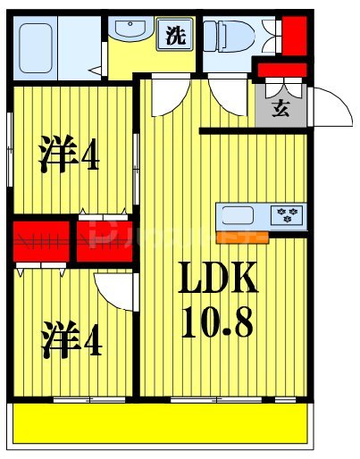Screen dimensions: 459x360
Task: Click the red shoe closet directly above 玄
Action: click(281, 69)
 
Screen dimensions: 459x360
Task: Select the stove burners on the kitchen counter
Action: click(289, 214)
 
